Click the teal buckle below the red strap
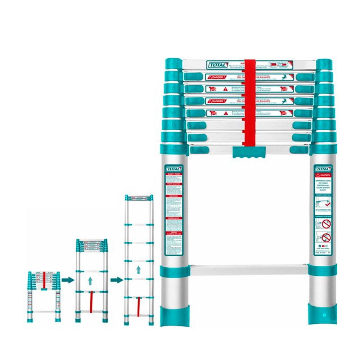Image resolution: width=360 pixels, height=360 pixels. pyautogui.click(x=249, y=152)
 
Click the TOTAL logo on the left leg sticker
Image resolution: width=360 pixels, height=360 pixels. pyautogui.click(x=174, y=169)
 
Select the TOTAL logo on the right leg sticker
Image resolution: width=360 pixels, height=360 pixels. pyautogui.click(x=323, y=169)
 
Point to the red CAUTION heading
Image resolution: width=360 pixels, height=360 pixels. pyautogui.click(x=323, y=175)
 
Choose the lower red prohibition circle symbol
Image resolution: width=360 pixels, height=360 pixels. pyautogui.click(x=326, y=237)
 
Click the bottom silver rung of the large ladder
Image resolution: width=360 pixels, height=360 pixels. pyautogui.click(x=248, y=269)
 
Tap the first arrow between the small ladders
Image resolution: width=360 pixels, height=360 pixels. pyautogui.click(x=68, y=280)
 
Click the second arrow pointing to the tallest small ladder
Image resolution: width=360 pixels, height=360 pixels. pyautogui.click(x=116, y=280)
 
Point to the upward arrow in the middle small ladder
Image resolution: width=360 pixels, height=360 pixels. pyautogui.click(x=90, y=280)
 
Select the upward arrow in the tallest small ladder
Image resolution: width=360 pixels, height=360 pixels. pyautogui.click(x=138, y=270)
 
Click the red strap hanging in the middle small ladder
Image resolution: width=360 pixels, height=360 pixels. pyautogui.click(x=91, y=302)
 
